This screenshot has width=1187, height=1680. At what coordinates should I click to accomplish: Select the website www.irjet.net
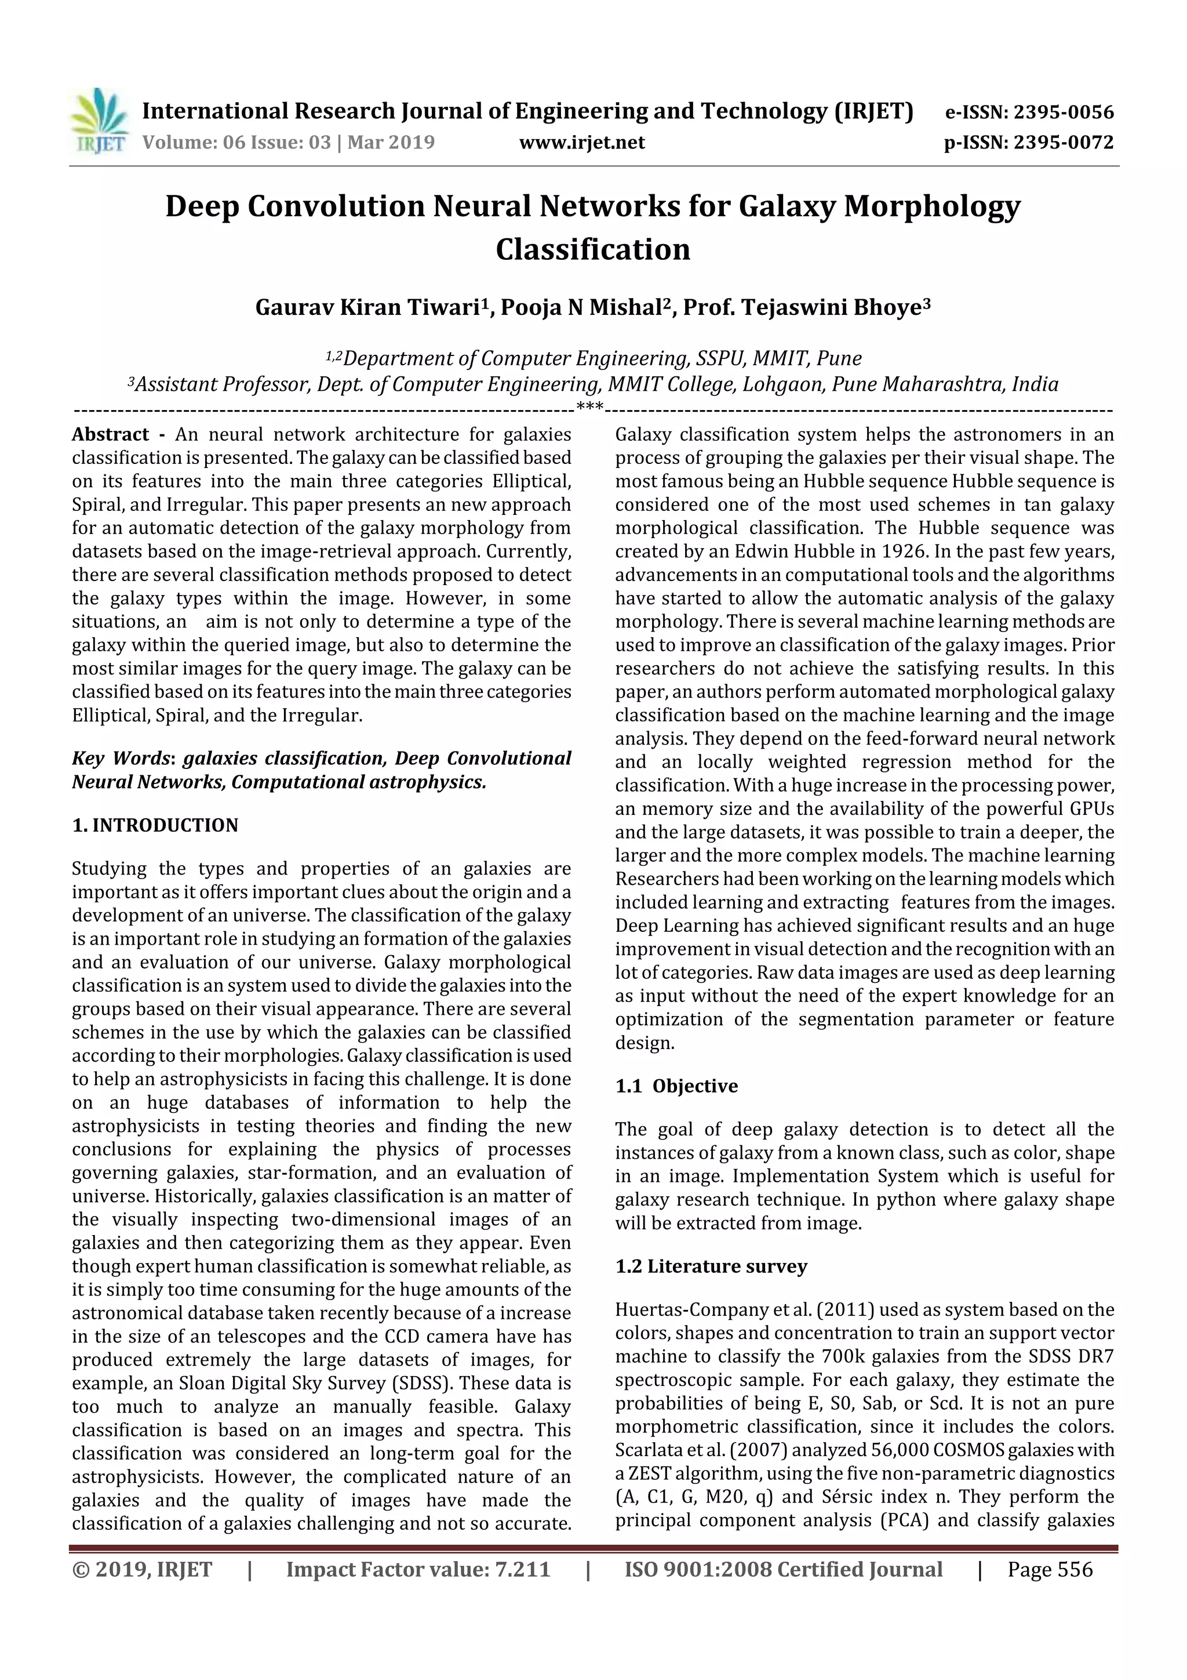[x=581, y=143]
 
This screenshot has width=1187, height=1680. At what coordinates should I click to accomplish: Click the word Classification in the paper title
[x=592, y=249]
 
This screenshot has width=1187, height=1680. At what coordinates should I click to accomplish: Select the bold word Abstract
[x=111, y=434]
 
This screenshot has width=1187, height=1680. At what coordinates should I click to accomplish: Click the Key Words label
[x=121, y=759]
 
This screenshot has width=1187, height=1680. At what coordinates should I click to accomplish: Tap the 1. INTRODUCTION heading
[x=155, y=825]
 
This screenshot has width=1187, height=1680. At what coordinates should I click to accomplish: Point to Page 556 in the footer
[x=1050, y=1569]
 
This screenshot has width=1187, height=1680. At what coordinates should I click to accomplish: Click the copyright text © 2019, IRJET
[x=142, y=1569]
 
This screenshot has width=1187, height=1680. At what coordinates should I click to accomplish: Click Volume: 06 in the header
[x=185, y=143]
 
